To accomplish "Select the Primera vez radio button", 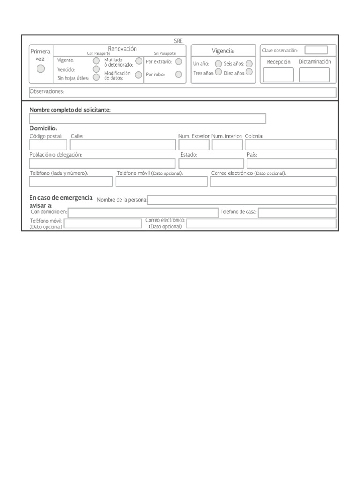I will (x=41, y=69).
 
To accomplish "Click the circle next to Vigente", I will (x=96, y=60).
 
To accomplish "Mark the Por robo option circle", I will (x=179, y=74).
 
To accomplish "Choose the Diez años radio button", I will (x=249, y=72).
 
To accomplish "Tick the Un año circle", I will (x=218, y=64).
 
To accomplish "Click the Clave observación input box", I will (x=316, y=50).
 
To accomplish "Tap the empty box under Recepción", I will (x=278, y=75).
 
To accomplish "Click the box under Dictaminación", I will (x=314, y=75).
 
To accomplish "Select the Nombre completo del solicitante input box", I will (x=147, y=119).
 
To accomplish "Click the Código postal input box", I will (x=48, y=145).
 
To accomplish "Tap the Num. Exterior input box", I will (x=194, y=145).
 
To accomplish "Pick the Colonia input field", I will (x=290, y=145).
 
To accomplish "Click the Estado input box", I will (x=211, y=163).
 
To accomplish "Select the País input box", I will (x=291, y=163).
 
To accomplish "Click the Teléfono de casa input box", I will (x=297, y=213).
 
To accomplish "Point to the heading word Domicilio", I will (x=43, y=128).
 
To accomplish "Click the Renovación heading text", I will (x=122, y=49).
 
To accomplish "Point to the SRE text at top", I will (x=178, y=41).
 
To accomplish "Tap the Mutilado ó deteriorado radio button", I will (x=139, y=61).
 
